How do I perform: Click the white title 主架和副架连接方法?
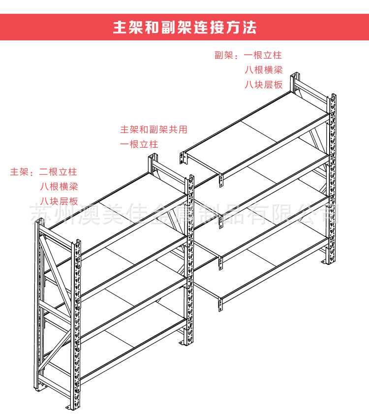point(184,27)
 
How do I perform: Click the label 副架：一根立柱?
point(248,55)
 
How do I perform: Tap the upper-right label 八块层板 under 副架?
point(264,84)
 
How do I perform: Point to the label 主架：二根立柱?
point(44,172)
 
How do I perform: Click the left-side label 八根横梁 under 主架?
point(59,187)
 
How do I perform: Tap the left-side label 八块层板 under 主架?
point(59,201)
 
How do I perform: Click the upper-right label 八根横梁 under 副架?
point(264,69)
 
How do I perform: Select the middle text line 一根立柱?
point(139,144)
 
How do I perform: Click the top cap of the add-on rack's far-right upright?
point(333,97)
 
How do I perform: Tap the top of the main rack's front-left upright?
point(76,244)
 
